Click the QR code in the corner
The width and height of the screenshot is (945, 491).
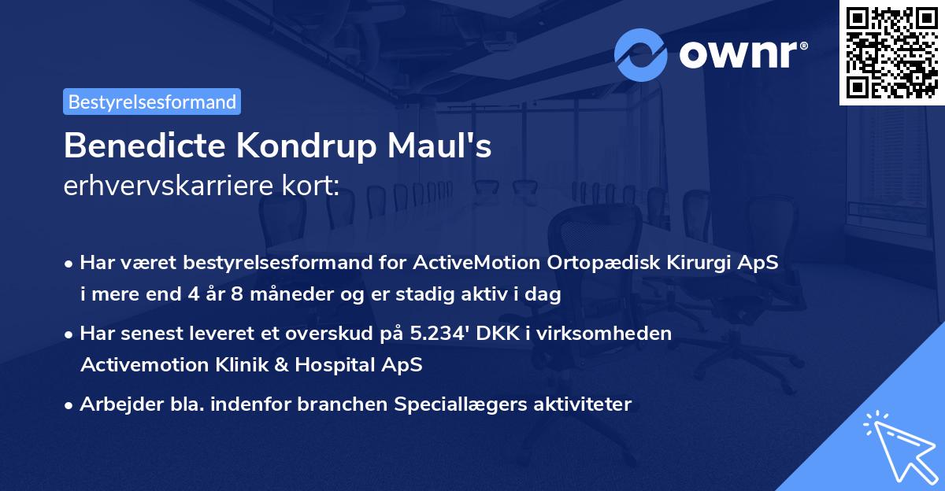coord(891,53)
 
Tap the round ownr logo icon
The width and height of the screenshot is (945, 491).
coord(641,55)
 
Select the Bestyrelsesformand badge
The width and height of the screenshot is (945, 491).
coord(152,102)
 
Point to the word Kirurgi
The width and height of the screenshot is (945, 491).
coord(706,263)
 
